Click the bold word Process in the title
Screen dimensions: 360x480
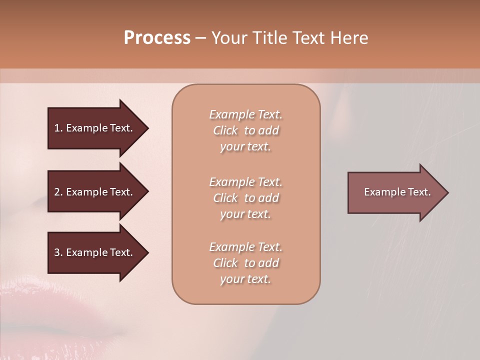[x=157, y=38]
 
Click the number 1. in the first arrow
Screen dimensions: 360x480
[x=58, y=128]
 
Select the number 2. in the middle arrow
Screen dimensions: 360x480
[x=58, y=192]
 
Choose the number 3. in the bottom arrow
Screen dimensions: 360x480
[x=58, y=252]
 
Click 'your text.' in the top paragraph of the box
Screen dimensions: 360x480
[x=245, y=147]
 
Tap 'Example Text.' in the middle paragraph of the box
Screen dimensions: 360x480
[x=245, y=182]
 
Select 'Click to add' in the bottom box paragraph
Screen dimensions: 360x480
[x=245, y=263]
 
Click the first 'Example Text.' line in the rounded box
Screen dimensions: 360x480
[x=245, y=114]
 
